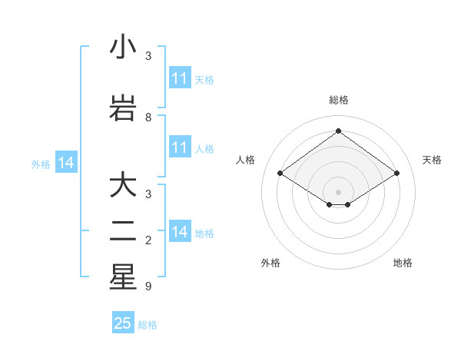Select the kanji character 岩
[x=123, y=108]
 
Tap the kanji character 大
[x=123, y=186]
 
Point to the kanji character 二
[x=123, y=231]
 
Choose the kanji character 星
[x=123, y=277]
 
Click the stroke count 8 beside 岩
[x=148, y=118]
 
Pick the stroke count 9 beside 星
[x=148, y=286]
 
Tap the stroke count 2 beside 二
[x=148, y=241]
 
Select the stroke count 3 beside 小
[x=148, y=57]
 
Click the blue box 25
[x=123, y=323]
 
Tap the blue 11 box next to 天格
[x=180, y=78]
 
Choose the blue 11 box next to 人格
[x=180, y=147]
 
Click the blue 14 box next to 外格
[x=66, y=163]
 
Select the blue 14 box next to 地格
[x=180, y=232]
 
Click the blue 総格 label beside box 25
[x=148, y=325]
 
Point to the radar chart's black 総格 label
[x=338, y=100]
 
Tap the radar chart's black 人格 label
[x=246, y=160]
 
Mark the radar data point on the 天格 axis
[x=396, y=174]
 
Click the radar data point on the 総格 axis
[x=338, y=131]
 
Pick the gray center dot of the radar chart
[x=338, y=190]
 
